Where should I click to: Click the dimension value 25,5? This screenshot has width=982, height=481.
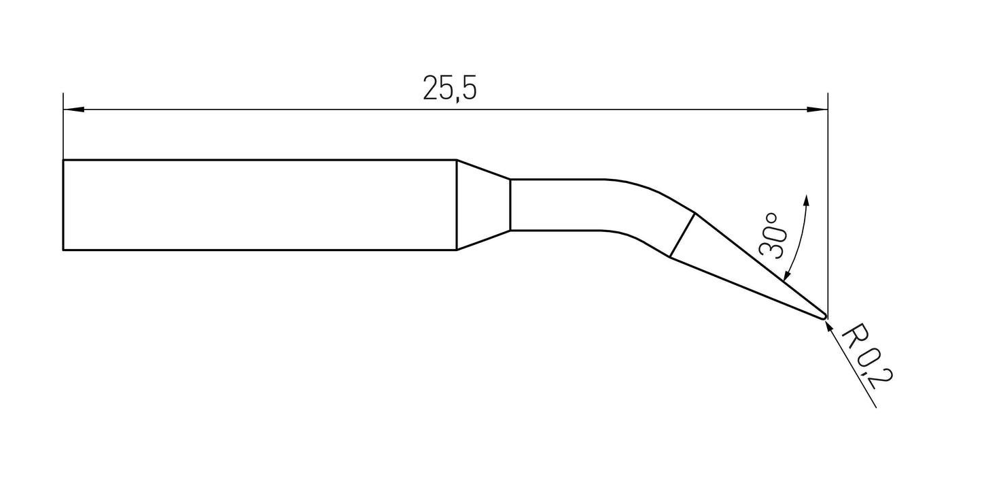[x=450, y=88]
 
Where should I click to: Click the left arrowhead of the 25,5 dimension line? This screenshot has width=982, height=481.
[x=72, y=109]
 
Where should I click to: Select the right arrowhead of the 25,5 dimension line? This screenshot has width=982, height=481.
[x=818, y=109]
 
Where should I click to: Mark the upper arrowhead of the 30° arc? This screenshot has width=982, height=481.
[x=807, y=199]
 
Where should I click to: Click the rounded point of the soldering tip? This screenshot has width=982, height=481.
[x=824, y=315]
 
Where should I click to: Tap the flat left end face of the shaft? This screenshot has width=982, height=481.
[x=63, y=205]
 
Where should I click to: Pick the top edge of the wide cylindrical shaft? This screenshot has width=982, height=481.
[x=258, y=160]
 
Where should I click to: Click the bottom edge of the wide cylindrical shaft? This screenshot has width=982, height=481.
[x=258, y=250]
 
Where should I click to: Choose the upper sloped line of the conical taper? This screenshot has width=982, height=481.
[x=483, y=169]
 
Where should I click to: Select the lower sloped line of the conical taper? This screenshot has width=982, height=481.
[x=483, y=240]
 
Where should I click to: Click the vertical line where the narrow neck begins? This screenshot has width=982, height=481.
[x=510, y=205]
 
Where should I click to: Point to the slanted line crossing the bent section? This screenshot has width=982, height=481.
[x=682, y=235]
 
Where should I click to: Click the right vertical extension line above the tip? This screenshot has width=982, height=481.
[x=828, y=204]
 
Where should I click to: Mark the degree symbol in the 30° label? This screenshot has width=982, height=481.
[x=771, y=219]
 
